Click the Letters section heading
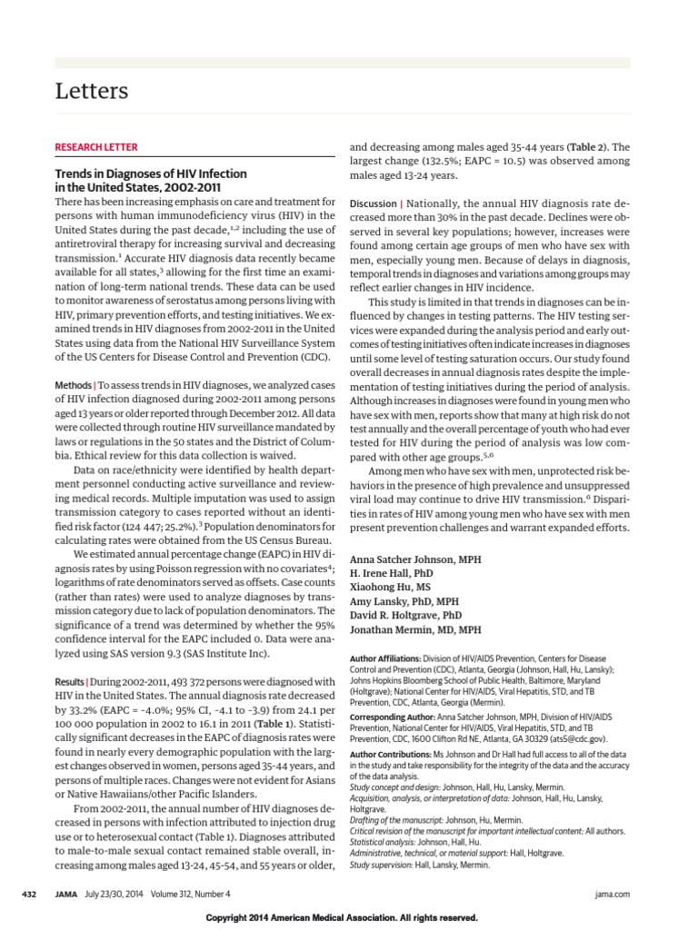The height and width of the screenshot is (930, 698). (91, 91)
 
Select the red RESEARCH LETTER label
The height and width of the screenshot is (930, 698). (96, 147)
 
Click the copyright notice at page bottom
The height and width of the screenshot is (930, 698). (348, 918)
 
